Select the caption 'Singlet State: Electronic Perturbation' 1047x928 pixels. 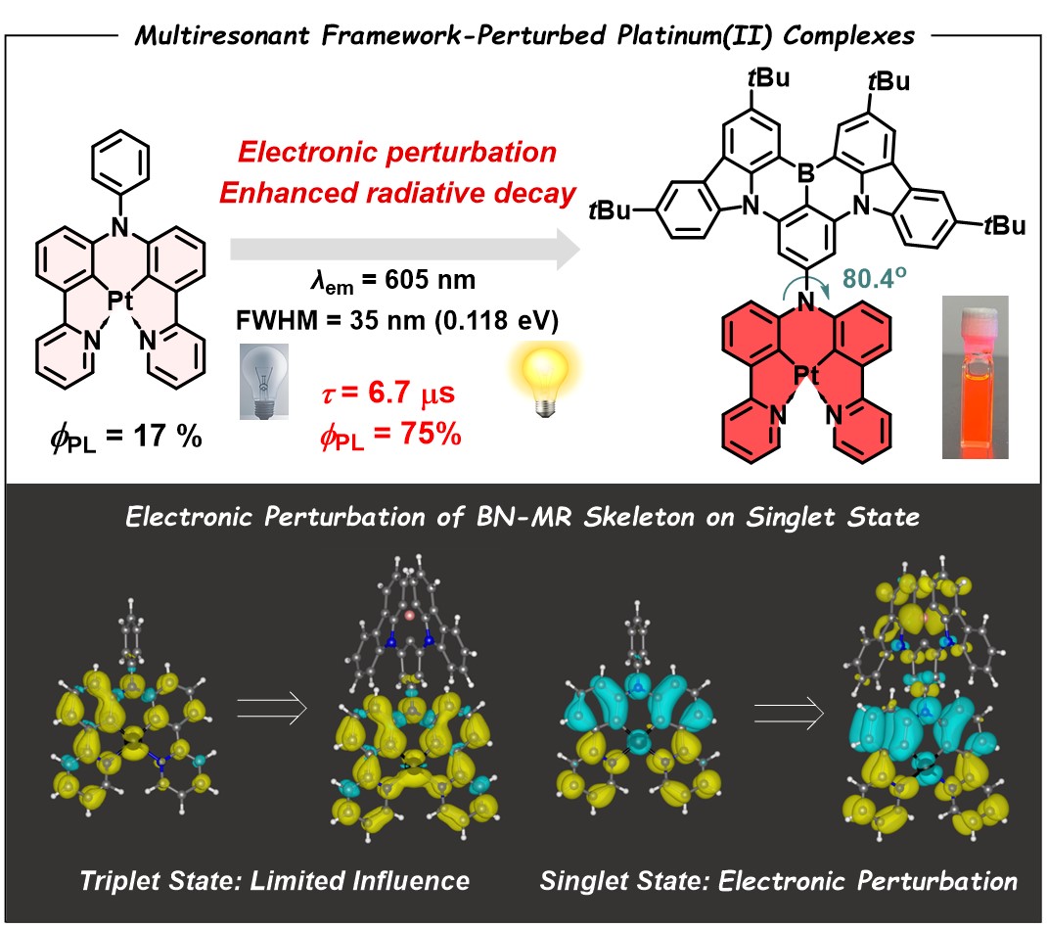tap(778, 879)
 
